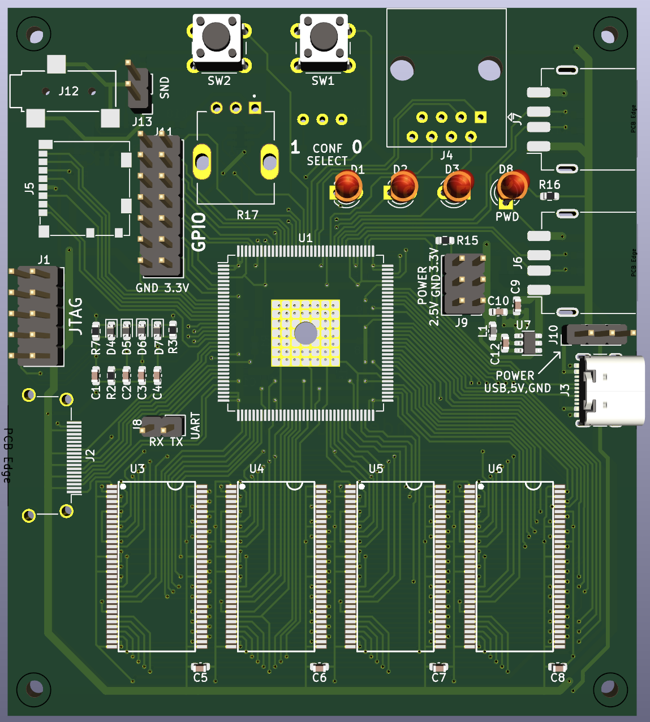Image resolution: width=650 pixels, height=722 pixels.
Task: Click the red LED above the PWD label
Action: (x=513, y=186)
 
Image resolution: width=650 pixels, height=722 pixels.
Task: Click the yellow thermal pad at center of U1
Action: (x=305, y=333)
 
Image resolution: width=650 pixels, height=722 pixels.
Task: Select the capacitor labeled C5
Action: (x=200, y=668)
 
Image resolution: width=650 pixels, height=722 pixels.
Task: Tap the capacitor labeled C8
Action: (x=557, y=668)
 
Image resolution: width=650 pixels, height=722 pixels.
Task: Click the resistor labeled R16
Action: (x=549, y=196)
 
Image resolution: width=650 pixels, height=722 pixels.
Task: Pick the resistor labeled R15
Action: (x=446, y=240)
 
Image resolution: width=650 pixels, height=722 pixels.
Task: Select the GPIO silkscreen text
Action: (x=199, y=232)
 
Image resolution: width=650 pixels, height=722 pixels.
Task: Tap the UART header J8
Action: (x=162, y=426)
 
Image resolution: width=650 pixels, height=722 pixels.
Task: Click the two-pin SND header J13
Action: (x=138, y=88)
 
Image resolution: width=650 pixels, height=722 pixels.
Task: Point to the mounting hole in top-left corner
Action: (x=34, y=36)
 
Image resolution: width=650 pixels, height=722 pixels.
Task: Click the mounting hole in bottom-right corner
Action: (x=609, y=689)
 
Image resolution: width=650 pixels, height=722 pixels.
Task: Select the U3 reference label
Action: (x=137, y=469)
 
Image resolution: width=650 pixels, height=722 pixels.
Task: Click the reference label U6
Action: (x=495, y=469)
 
